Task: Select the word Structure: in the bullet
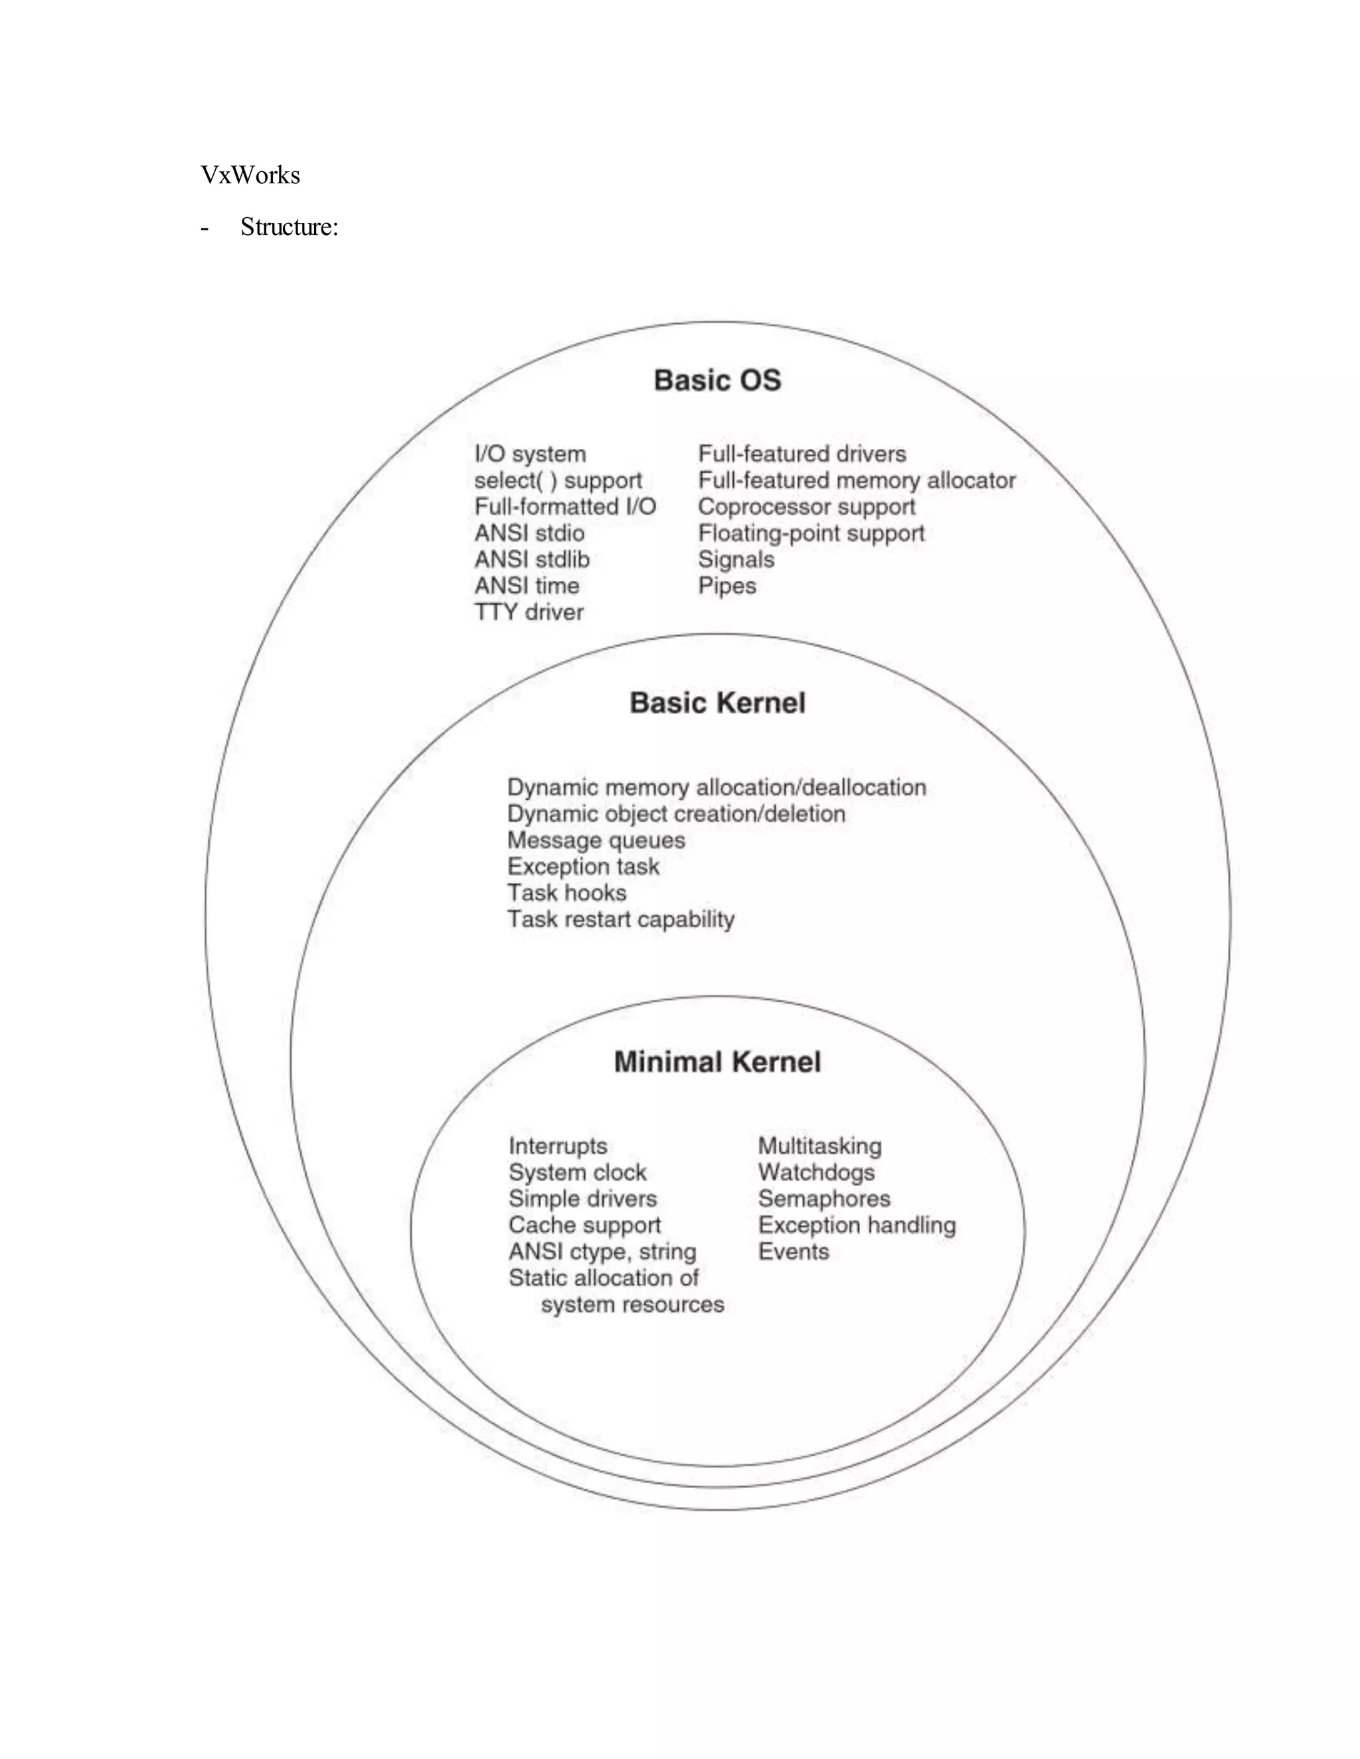(290, 227)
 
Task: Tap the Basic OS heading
(717, 380)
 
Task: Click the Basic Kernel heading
(717, 702)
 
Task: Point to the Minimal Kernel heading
(717, 1061)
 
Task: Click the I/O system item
(530, 454)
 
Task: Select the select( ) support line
(558, 481)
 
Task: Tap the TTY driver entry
(529, 612)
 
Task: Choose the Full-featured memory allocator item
(857, 481)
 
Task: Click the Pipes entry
(726, 585)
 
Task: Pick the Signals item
(736, 559)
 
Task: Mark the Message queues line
(596, 840)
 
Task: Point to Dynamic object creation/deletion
(676, 814)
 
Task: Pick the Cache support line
(584, 1225)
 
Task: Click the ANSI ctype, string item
(602, 1252)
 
